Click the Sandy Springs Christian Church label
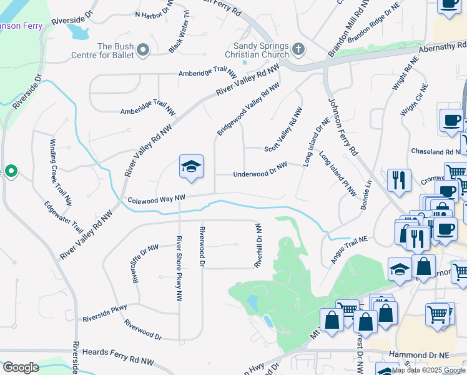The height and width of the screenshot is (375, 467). (260, 51)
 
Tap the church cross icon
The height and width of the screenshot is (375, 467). (298, 48)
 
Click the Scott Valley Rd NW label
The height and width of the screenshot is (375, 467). (283, 129)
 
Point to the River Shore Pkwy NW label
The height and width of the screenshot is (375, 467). (179, 267)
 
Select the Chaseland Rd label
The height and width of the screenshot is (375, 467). (435, 152)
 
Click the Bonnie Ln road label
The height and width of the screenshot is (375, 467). (366, 194)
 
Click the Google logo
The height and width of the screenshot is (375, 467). (21, 367)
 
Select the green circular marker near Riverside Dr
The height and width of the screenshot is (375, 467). (11, 170)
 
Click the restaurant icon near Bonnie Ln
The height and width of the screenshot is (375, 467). (398, 181)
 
